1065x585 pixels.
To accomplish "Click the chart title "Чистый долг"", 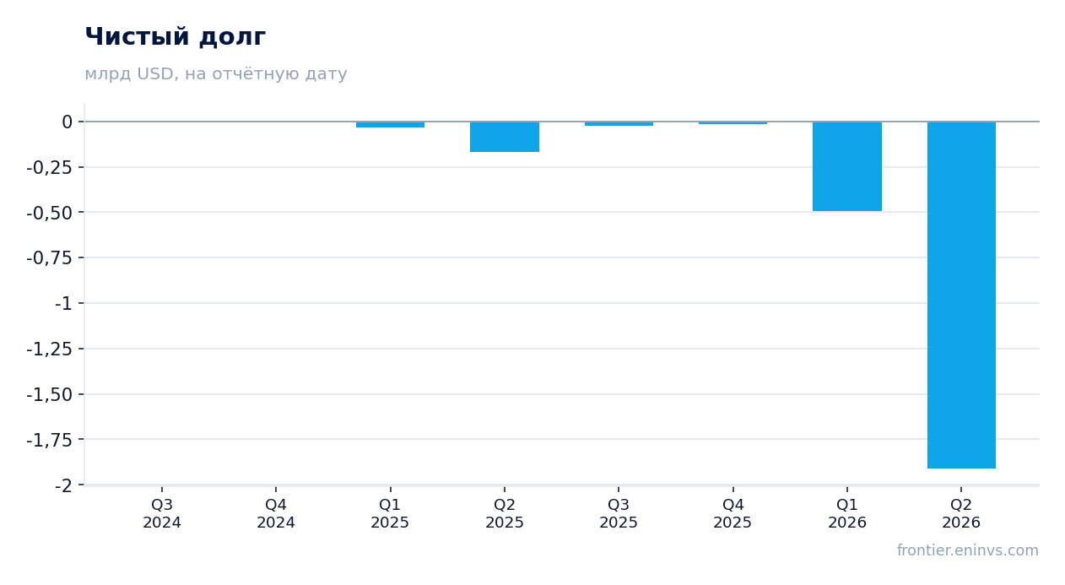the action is pyautogui.click(x=175, y=37).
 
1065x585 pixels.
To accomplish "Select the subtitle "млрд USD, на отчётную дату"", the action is pyautogui.click(x=216, y=74).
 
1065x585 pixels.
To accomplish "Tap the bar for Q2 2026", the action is pyautogui.click(x=961, y=295).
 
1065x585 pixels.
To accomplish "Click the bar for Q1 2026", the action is pyautogui.click(x=847, y=166).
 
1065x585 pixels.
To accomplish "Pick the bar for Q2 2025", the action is pyautogui.click(x=505, y=137).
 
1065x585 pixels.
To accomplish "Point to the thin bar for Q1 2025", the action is pyautogui.click(x=391, y=125).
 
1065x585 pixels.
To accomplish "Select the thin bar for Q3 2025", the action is pyautogui.click(x=619, y=123).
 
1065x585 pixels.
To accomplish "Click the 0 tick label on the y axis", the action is pyautogui.click(x=67, y=122).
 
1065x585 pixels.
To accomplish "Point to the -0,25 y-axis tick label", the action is pyautogui.click(x=50, y=167).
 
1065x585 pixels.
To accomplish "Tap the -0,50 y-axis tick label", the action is pyautogui.click(x=50, y=213).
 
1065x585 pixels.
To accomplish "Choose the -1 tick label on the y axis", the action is pyautogui.click(x=63, y=303).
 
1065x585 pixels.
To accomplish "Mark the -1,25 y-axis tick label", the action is pyautogui.click(x=50, y=349).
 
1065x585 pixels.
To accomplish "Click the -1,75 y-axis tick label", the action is pyautogui.click(x=50, y=441).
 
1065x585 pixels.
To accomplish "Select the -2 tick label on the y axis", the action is pyautogui.click(x=63, y=485).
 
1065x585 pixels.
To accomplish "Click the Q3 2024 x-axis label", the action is pyautogui.click(x=162, y=513).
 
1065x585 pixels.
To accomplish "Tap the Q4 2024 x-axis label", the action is pyautogui.click(x=276, y=513).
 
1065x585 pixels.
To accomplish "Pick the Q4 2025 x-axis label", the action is pyautogui.click(x=733, y=513).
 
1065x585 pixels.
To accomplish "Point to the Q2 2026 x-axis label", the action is pyautogui.click(x=961, y=513).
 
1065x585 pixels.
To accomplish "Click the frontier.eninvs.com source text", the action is pyautogui.click(x=968, y=550).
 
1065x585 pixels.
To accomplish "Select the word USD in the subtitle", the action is pyautogui.click(x=154, y=74).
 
